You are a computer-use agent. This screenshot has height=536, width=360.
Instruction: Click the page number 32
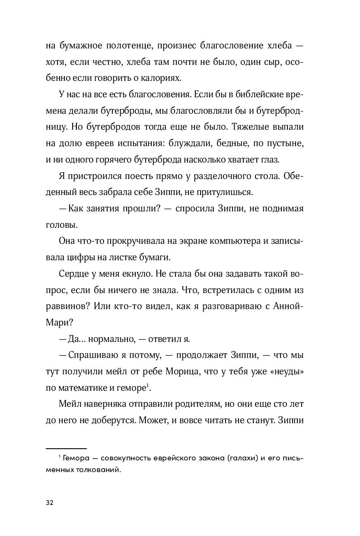pos(49,503)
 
